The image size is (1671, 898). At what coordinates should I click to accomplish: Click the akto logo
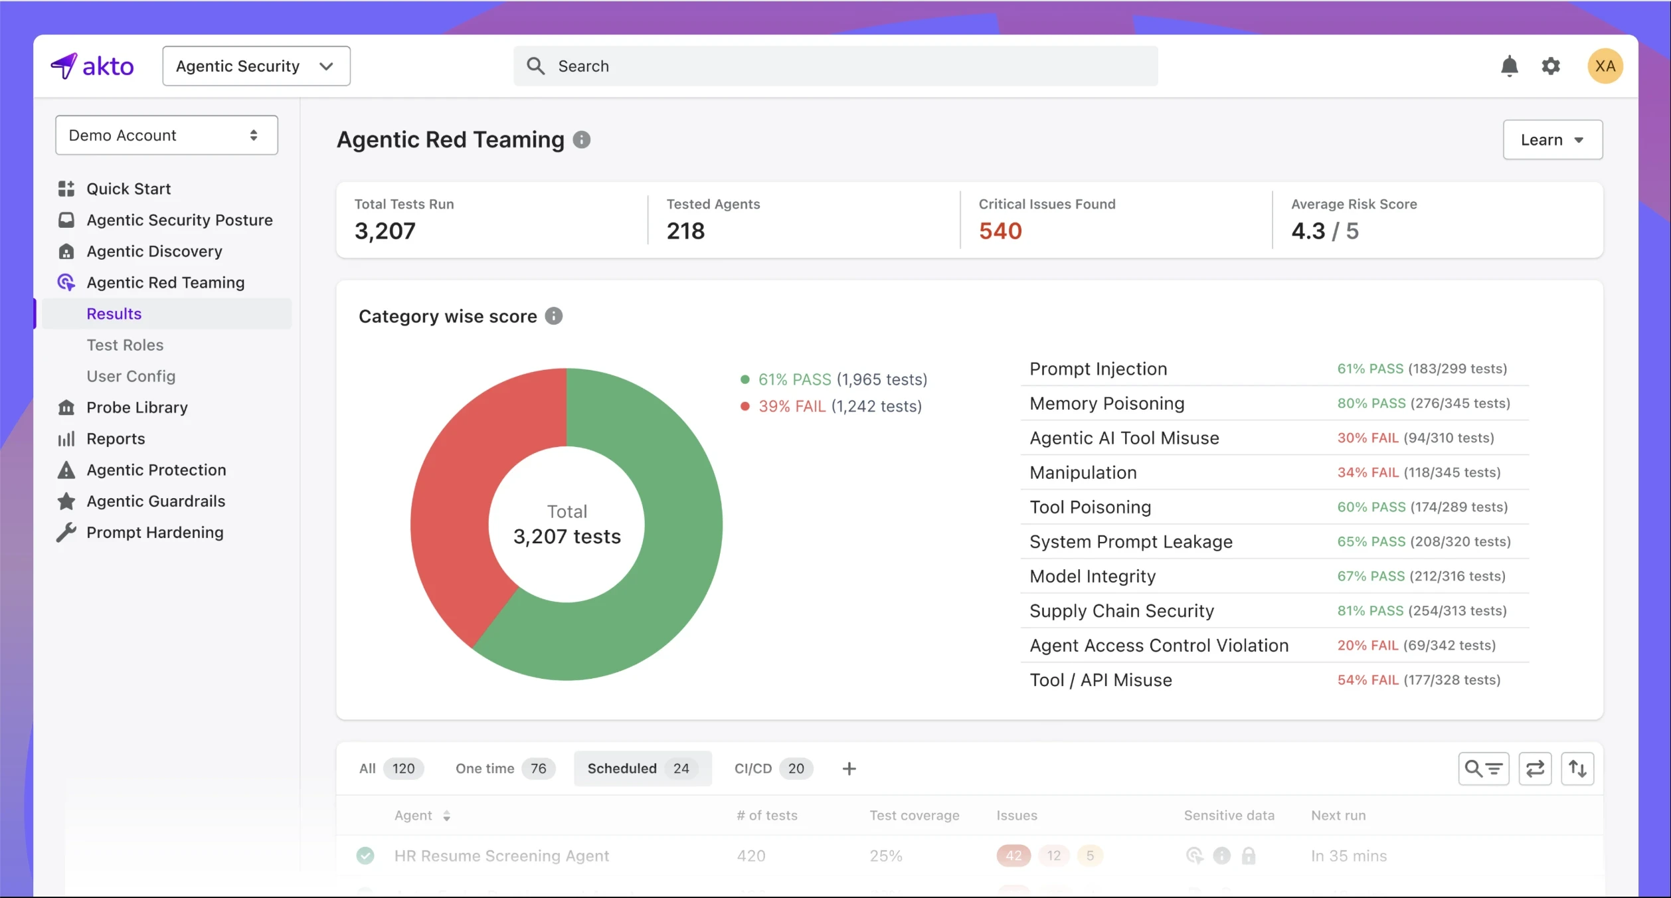coord(92,66)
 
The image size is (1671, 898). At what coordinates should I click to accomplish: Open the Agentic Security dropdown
coord(256,66)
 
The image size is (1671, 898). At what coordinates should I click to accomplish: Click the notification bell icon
coord(1509,66)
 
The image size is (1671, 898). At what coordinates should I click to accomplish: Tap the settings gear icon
coord(1550,66)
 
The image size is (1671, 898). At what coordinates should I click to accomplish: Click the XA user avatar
coord(1605,66)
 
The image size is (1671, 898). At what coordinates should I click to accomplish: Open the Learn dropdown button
coord(1552,139)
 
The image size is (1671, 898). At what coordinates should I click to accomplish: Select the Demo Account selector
coord(166,135)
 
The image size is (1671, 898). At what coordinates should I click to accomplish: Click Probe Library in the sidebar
coord(137,407)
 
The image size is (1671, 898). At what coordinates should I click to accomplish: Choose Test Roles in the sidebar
coord(125,345)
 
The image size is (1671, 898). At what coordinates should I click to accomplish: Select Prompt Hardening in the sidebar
coord(155,532)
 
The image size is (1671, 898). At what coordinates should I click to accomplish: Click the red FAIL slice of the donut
coord(458,505)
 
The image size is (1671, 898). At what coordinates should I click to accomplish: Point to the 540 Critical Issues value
coord(1000,230)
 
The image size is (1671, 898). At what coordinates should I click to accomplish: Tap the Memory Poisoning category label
coord(1106,403)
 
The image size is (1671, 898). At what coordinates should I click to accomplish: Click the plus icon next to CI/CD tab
coord(849,768)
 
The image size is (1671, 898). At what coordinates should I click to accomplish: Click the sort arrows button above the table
coord(1577,768)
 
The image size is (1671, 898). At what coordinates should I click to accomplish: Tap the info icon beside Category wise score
coord(553,316)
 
